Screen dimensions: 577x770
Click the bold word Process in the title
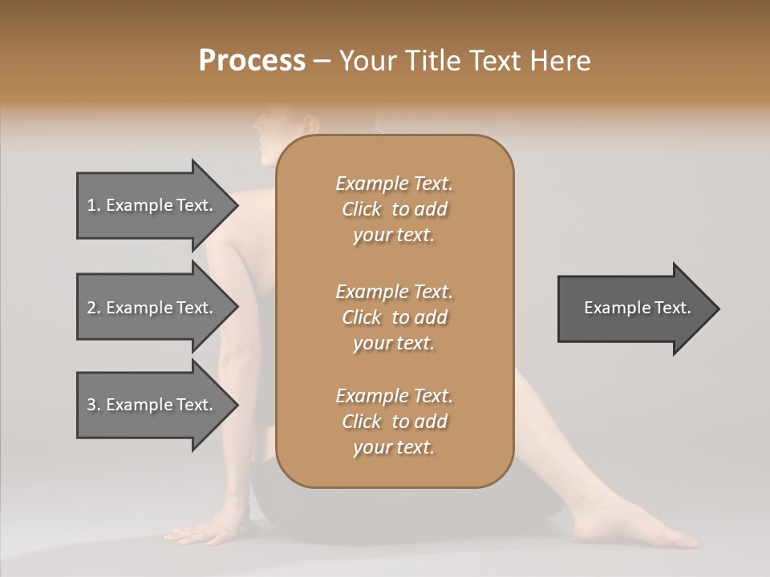[252, 61]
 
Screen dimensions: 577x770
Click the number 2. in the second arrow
[93, 308]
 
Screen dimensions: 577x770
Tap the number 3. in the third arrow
[93, 405]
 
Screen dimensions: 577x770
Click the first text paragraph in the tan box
[394, 209]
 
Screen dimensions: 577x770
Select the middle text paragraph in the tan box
[394, 317]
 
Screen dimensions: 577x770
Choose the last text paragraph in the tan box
[394, 422]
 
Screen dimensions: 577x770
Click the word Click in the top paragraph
[362, 209]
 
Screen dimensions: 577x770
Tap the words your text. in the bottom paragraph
[394, 447]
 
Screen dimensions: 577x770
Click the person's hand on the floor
[196, 534]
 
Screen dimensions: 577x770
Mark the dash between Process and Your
[322, 62]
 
